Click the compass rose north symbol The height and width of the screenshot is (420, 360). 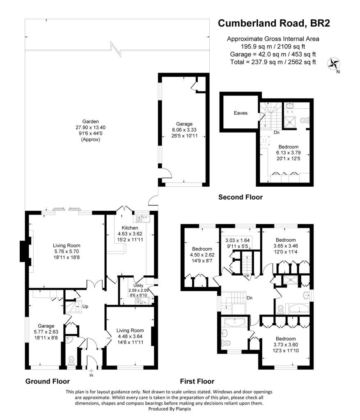334,64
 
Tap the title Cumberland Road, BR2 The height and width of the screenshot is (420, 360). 274,23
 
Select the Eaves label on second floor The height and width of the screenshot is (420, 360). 241,113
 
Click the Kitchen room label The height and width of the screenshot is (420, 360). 130,228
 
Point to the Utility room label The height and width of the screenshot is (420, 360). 138,285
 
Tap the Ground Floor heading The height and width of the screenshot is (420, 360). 48,381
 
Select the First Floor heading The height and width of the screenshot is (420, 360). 197,381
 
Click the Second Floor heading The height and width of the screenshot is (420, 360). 241,197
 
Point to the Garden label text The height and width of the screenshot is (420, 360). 90,121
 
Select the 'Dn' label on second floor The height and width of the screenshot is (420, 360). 277,132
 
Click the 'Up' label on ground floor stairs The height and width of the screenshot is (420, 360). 85,306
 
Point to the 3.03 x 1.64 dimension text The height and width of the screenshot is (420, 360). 238,240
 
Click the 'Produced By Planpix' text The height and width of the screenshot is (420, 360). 170,409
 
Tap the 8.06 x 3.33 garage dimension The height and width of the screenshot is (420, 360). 184,130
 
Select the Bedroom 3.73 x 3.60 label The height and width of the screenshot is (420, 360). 286,345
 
